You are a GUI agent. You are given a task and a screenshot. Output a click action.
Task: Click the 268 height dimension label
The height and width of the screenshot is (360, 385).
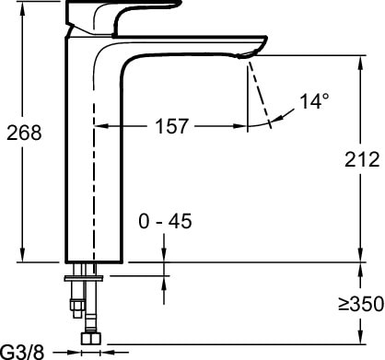pos(25,133)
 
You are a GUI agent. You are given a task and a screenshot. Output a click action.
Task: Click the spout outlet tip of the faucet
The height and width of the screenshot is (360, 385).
pos(246,57)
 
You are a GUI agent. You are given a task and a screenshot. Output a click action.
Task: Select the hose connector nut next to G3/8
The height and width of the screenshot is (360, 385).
pos(90,339)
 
